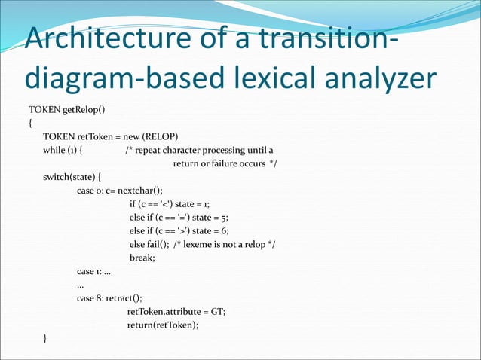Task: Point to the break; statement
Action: (142, 258)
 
